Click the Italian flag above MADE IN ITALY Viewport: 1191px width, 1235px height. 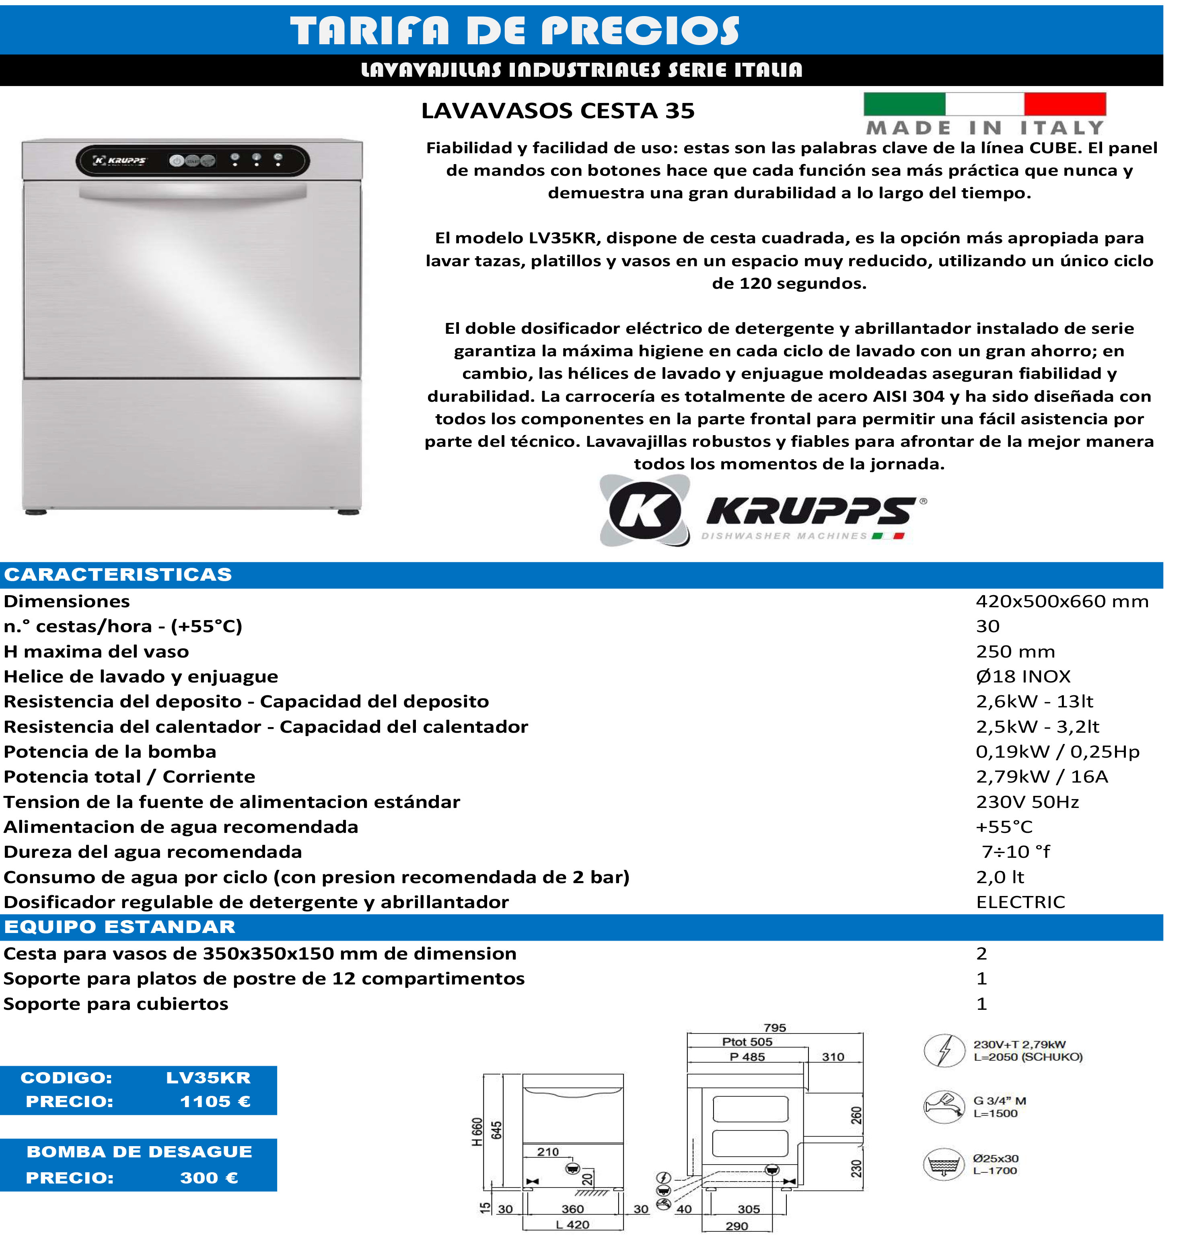[984, 104]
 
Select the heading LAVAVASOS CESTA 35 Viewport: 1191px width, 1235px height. [557, 111]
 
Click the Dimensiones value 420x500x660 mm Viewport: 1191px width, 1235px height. [1062, 601]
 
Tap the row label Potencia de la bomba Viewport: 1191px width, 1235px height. [110, 752]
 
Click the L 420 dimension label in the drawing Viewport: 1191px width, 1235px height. [572, 1225]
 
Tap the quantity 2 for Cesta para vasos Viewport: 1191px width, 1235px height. [981, 953]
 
